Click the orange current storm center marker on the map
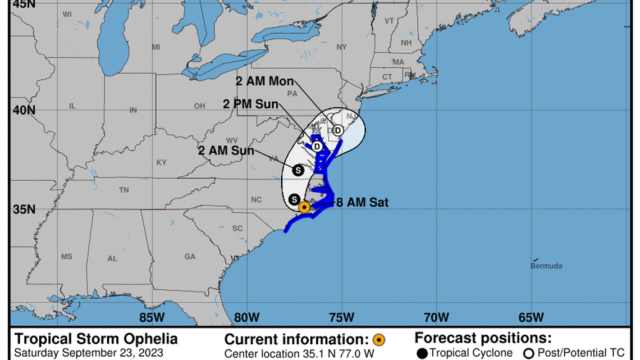point(304,207)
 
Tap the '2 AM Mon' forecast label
point(264,81)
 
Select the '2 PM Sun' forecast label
point(250,104)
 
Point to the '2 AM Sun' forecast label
point(226,151)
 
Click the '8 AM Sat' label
point(362,203)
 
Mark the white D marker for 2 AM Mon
point(337,130)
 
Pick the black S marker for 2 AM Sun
point(298,169)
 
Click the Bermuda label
point(546,266)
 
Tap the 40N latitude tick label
point(24,110)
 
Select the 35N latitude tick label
point(24,209)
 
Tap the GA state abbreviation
point(190,257)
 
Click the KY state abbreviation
point(162,163)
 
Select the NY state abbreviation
point(341,47)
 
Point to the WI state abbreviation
point(67,14)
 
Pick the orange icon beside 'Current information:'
point(379,339)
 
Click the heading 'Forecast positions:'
point(483,338)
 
